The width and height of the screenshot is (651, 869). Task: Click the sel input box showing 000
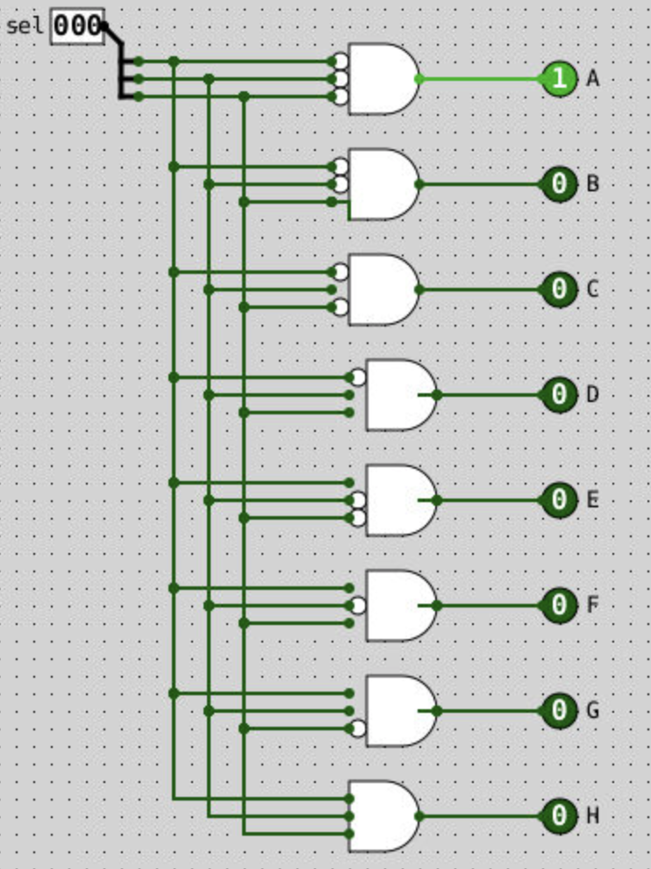[77, 25]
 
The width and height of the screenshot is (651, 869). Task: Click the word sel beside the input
[24, 25]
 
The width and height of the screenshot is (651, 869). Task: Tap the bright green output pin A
[559, 79]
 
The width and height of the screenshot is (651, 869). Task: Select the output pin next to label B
[559, 184]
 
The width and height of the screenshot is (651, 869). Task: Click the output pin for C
[559, 290]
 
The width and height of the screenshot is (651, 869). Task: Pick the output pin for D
[559, 395]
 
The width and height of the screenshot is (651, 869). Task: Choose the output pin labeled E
[559, 500]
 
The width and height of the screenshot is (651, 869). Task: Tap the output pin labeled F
[559, 606]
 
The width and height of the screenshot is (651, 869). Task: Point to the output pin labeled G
[559, 711]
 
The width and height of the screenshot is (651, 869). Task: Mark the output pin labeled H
[559, 816]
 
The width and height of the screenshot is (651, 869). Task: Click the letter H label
[593, 816]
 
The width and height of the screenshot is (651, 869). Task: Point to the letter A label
[593, 79]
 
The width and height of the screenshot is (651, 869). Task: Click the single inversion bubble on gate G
[358, 729]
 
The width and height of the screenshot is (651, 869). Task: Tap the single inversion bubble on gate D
[358, 377]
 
